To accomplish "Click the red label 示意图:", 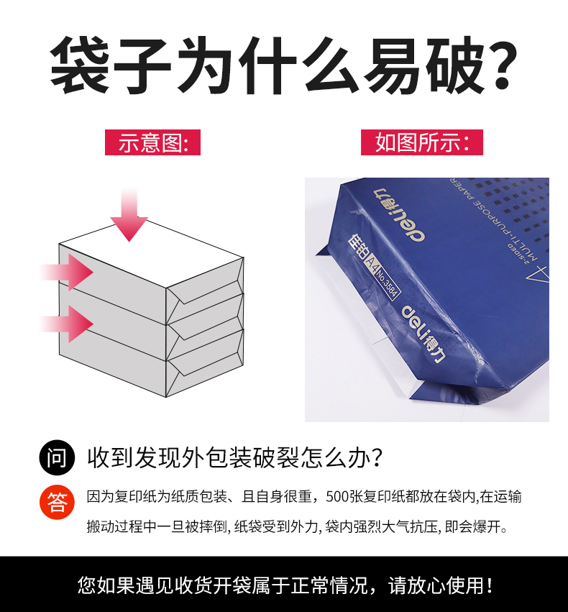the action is point(152,142).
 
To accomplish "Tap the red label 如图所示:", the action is point(422,142).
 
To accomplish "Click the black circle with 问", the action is point(57,457).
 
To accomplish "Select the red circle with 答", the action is point(57,502).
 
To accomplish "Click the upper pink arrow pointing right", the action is point(67,272).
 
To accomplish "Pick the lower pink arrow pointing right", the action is point(67,324).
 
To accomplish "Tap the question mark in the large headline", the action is point(500,65).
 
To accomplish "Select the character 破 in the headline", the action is point(455,65).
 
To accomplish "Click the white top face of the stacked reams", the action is point(152,254).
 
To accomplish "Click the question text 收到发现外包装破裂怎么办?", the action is point(234,457).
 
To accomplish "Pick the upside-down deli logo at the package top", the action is point(399,215).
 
